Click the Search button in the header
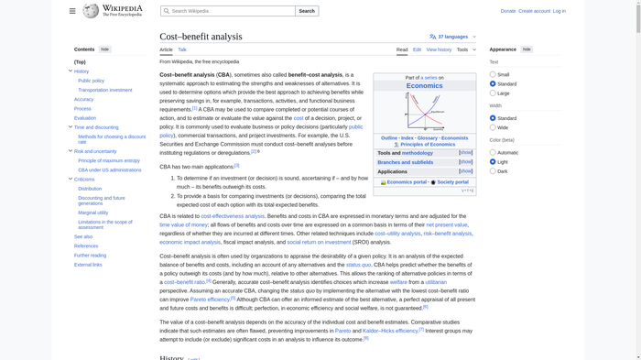(x=307, y=11)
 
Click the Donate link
(x=508, y=11)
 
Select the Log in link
(x=559, y=11)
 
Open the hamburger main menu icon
(x=72, y=11)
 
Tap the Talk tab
(x=182, y=49)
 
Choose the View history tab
(x=439, y=49)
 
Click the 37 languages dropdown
(x=452, y=37)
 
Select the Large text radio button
(x=493, y=93)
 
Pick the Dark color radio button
(x=493, y=171)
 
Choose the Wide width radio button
(x=493, y=127)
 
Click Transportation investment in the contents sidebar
(x=105, y=90)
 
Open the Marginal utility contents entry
(x=93, y=213)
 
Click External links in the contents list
(x=88, y=265)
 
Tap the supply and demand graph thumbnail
(x=424, y=112)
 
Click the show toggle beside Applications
(x=466, y=171)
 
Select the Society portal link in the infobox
(x=452, y=182)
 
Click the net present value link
(x=447, y=224)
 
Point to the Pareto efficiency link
(x=211, y=300)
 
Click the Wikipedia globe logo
(x=91, y=11)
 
